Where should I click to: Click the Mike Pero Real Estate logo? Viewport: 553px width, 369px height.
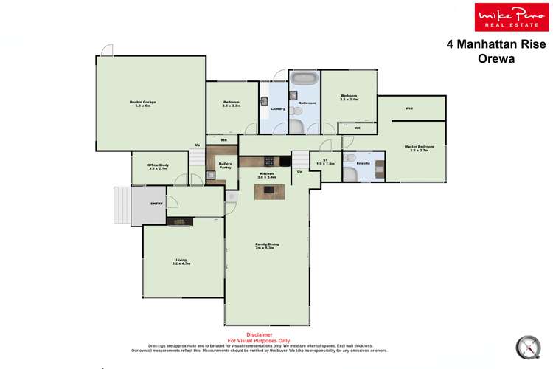tap(505, 16)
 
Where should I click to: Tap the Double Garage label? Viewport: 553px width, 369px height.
tap(140, 102)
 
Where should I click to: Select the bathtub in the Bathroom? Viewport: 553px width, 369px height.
tap(303, 78)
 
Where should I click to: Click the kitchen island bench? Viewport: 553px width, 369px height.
tap(271, 192)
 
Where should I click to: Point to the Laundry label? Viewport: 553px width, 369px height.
tap(278, 108)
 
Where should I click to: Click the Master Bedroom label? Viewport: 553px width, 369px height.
tap(419, 146)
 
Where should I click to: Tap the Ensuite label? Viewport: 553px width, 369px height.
tap(363, 162)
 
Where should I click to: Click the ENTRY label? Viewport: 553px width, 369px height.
tap(156, 204)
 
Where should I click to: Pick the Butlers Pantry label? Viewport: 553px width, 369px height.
tap(226, 165)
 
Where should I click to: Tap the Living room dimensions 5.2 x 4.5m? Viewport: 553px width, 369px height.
tap(181, 263)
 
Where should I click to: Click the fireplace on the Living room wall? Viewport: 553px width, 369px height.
tap(179, 221)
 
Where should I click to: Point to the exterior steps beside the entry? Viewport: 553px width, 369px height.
tap(121, 204)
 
